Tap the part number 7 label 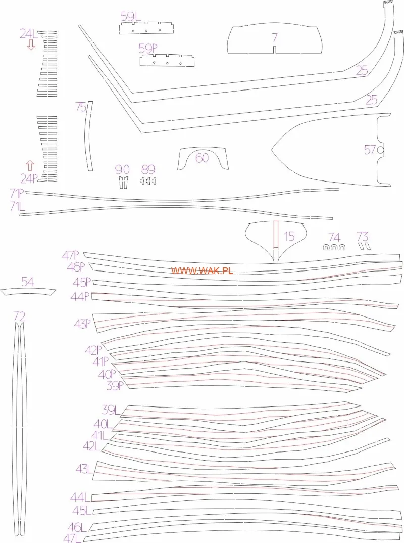[275, 38]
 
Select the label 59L [131, 16]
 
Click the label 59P [148, 49]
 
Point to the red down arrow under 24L [31, 44]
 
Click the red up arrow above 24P [30, 166]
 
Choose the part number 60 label [202, 158]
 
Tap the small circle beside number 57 [381, 150]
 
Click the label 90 [122, 170]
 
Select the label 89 [148, 170]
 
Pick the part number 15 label [289, 237]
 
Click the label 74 [334, 238]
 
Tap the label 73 [363, 237]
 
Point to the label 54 [28, 282]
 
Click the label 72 [19, 316]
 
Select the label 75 [81, 107]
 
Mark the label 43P [82, 324]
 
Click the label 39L [111, 410]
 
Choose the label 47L [72, 538]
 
